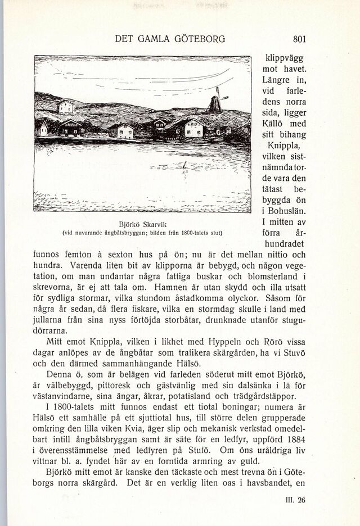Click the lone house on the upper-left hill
click(66, 107)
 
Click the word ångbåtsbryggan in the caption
click(113, 232)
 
